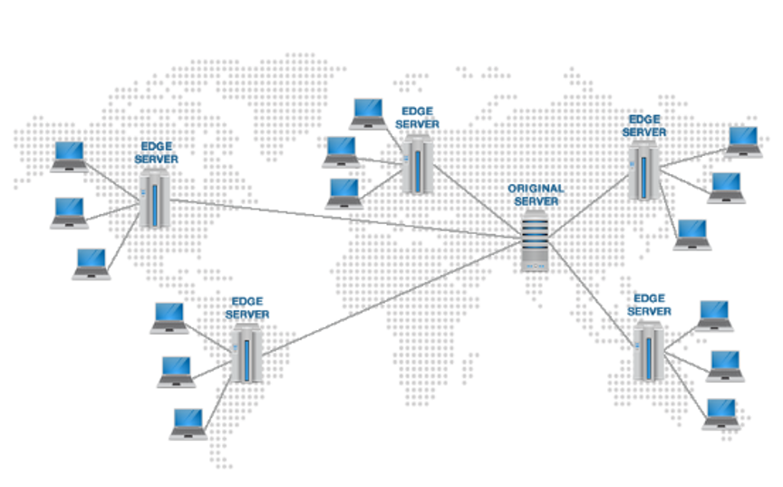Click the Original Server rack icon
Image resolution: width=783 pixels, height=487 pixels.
pyautogui.click(x=535, y=241)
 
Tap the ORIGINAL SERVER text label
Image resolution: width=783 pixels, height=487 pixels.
pyautogui.click(x=536, y=195)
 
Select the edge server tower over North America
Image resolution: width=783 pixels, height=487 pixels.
pyautogui.click(x=154, y=199)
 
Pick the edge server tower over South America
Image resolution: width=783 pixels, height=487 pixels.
pyautogui.click(x=246, y=353)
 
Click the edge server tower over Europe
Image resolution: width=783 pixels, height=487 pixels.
pyautogui.click(x=417, y=164)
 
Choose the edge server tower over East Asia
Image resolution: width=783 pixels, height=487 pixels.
pyautogui.click(x=643, y=170)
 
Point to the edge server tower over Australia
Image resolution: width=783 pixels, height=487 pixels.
pyautogui.click(x=648, y=352)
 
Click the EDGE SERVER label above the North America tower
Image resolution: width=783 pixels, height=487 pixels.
pyautogui.click(x=156, y=153)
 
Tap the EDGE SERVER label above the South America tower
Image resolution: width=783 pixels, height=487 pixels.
pyautogui.click(x=247, y=307)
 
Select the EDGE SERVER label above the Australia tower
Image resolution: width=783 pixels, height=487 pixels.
pyautogui.click(x=649, y=305)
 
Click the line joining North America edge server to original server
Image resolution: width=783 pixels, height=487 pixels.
pyautogui.click(x=345, y=219)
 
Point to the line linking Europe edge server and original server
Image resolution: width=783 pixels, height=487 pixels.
pyautogui.click(x=477, y=200)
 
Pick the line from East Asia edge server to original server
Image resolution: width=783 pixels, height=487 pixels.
pyautogui.click(x=589, y=206)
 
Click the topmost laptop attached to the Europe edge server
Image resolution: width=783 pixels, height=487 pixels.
pyautogui.click(x=368, y=114)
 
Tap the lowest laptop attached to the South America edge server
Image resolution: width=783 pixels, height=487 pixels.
pyautogui.click(x=188, y=424)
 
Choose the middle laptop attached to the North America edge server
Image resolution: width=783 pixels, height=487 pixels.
pyautogui.click(x=70, y=213)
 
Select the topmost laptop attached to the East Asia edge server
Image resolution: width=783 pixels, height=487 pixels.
pyautogui.click(x=743, y=141)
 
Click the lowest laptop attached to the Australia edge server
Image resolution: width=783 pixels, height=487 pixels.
pyautogui.click(x=721, y=414)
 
